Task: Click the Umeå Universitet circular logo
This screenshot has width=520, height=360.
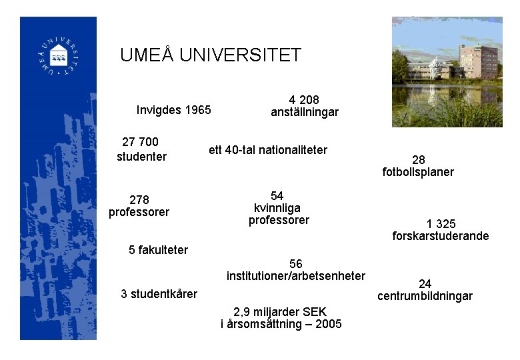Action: point(58,54)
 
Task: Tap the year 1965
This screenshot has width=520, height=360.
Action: point(198,110)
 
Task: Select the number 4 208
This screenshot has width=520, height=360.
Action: point(304,99)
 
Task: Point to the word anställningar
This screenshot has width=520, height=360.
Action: point(304,112)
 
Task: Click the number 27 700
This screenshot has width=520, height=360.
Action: point(141,142)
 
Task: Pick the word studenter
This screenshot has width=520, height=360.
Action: point(141,157)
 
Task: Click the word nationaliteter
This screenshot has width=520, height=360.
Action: point(293,150)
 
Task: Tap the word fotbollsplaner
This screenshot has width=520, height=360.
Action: point(418,172)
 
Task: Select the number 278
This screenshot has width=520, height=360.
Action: point(139,199)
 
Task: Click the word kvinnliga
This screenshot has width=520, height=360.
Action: point(277,208)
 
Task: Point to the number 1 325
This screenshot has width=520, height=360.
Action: point(441,223)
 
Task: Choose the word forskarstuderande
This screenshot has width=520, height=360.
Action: point(441,236)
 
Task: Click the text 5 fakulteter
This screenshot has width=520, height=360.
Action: point(158,250)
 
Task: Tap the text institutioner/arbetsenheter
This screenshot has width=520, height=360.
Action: point(295,276)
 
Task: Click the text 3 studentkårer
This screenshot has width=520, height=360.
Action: point(159,294)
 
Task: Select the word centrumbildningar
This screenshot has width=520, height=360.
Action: point(425,296)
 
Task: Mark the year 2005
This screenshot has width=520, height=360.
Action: point(329,324)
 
